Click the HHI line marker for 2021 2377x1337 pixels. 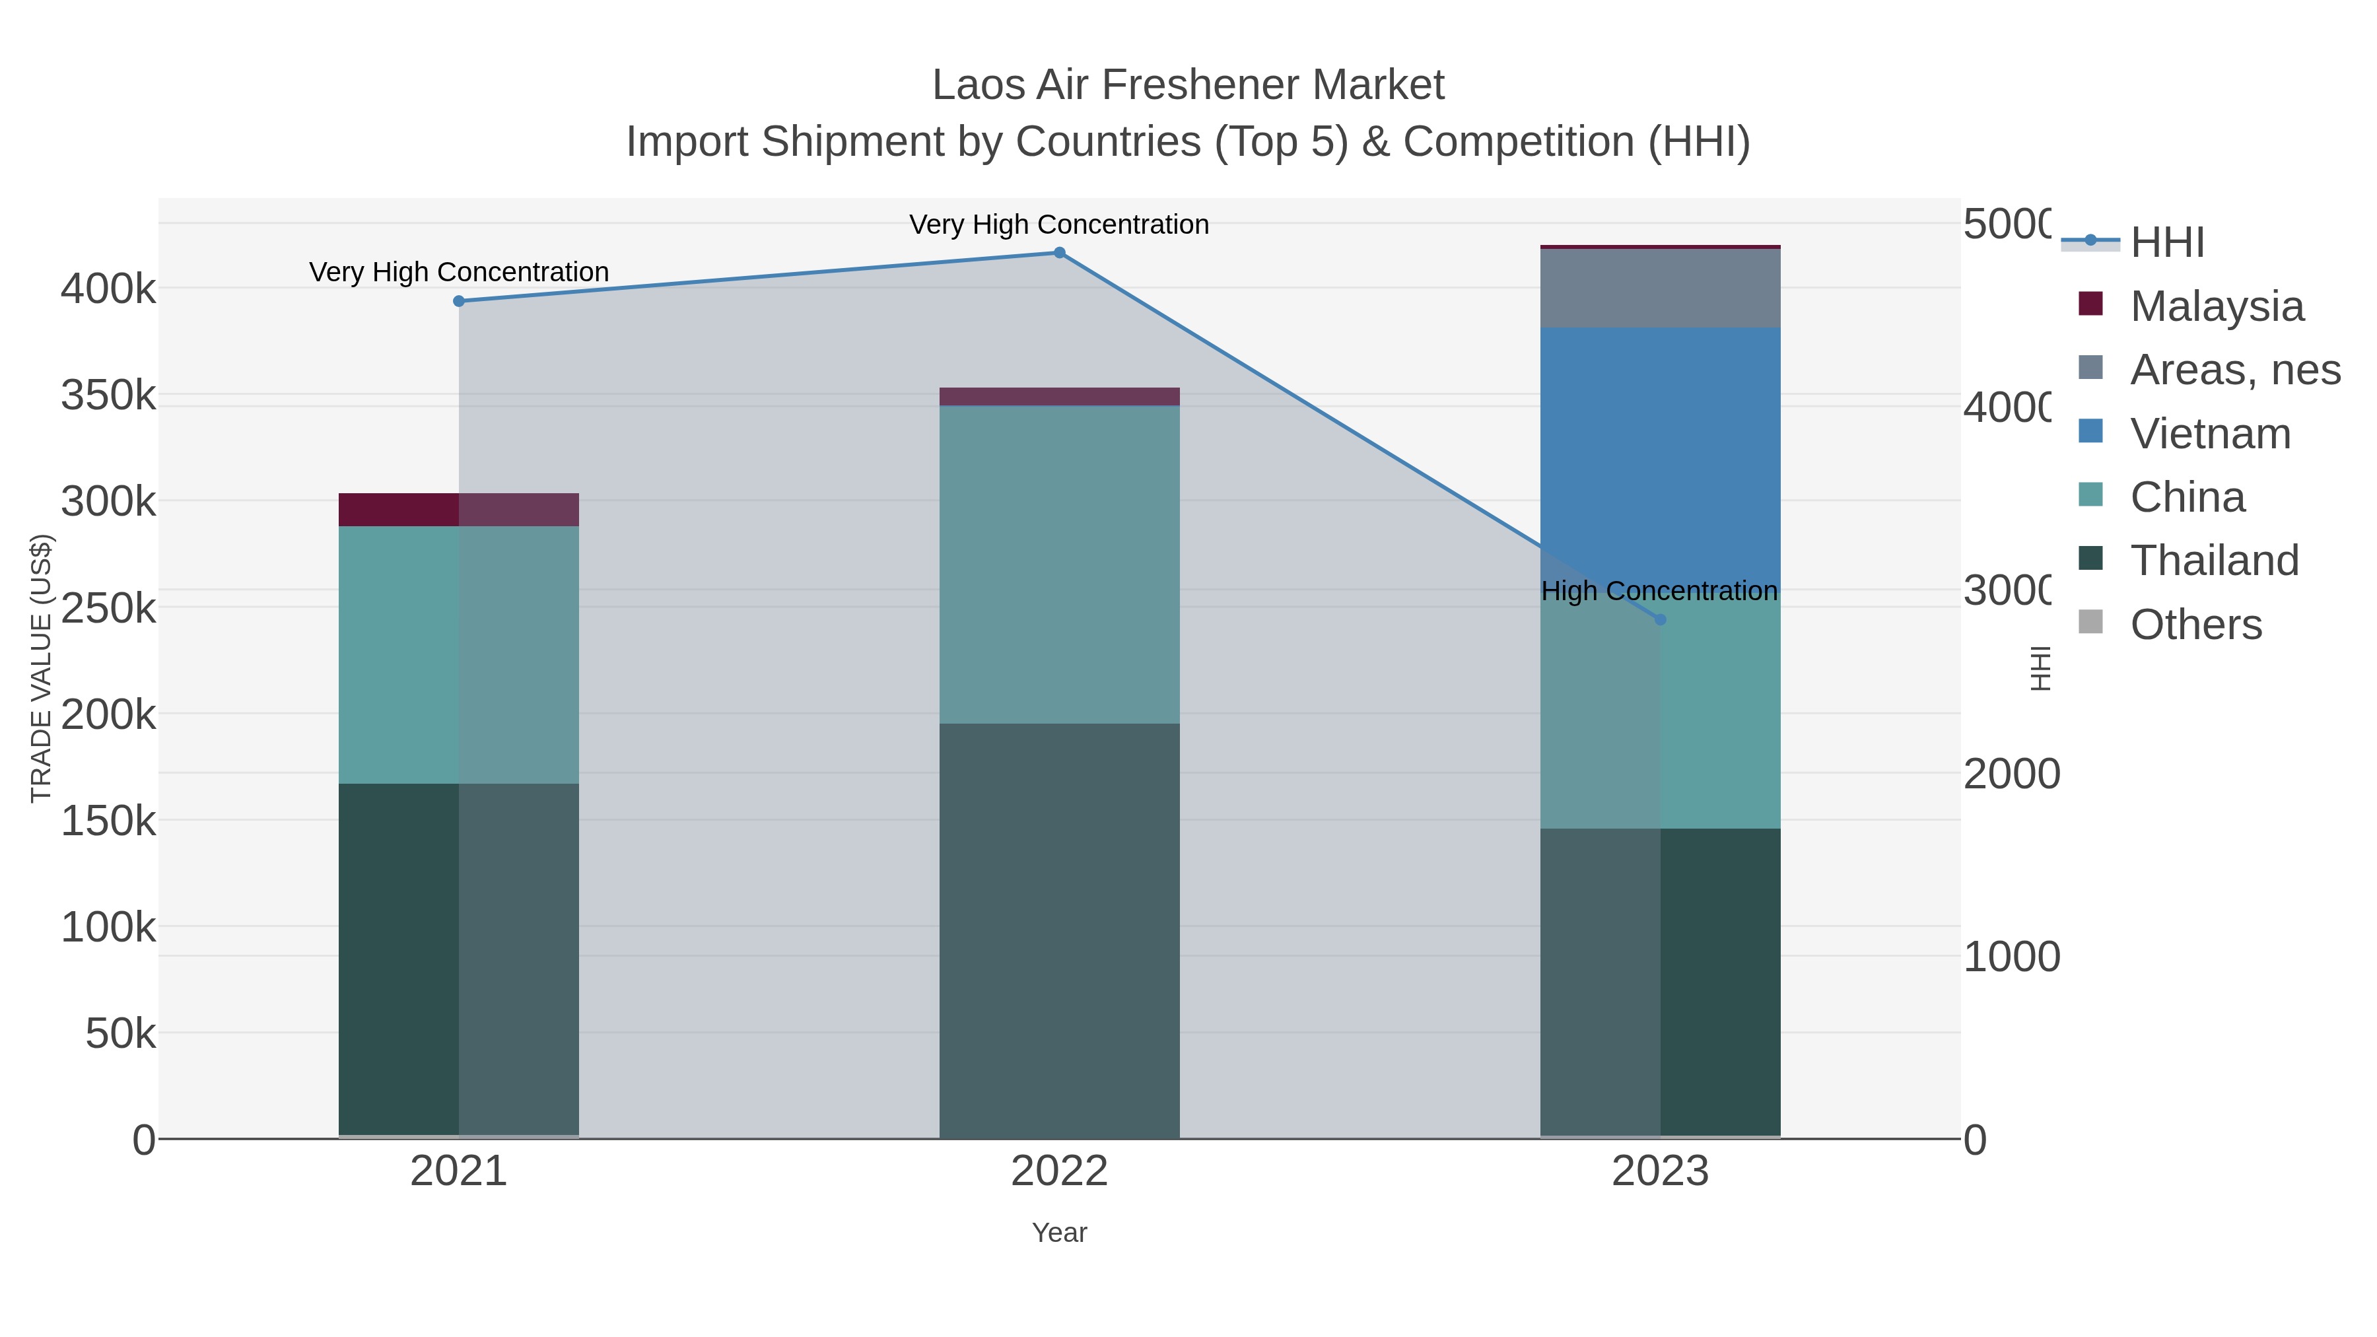[x=459, y=301]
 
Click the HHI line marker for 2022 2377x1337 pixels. [x=1059, y=253]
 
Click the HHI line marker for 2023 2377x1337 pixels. [x=1660, y=620]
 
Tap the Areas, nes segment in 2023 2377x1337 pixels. [x=1660, y=288]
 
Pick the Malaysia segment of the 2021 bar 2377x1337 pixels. [x=459, y=509]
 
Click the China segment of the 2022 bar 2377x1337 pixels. [x=1059, y=564]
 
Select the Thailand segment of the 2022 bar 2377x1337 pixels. [x=1059, y=930]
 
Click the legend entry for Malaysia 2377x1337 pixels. [x=2215, y=306]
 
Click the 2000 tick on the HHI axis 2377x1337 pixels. [x=2010, y=774]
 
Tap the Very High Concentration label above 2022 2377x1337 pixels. [x=1059, y=224]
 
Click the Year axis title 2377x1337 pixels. [x=1059, y=1233]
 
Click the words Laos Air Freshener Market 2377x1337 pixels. [x=1188, y=85]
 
